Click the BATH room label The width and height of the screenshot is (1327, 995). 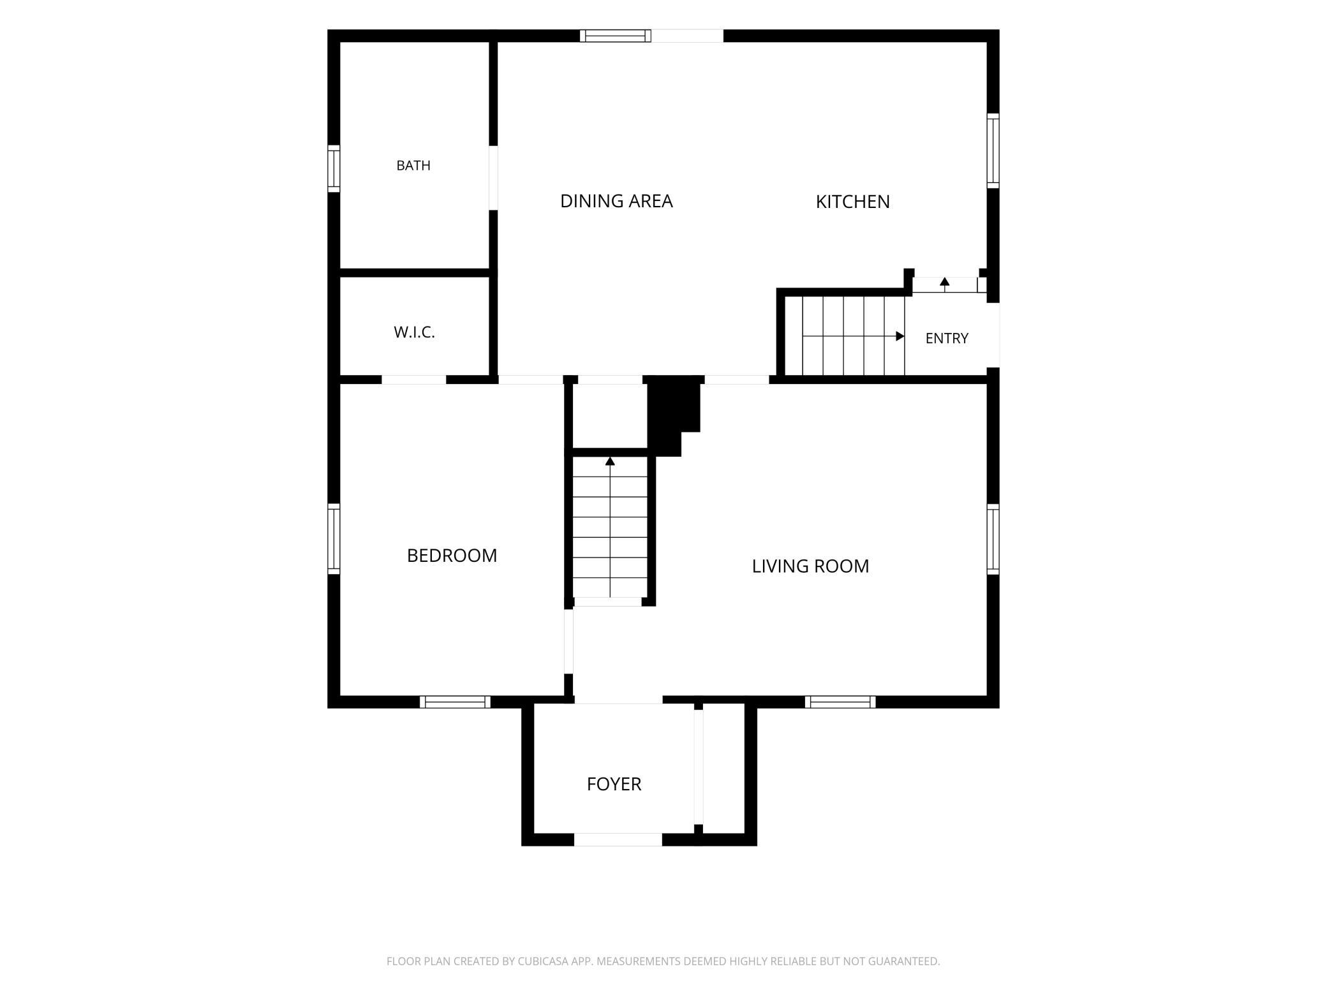[x=413, y=166]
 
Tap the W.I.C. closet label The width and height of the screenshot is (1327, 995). [x=414, y=332]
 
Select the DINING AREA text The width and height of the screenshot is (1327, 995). [x=616, y=201]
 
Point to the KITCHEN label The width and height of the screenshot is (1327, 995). [x=852, y=202]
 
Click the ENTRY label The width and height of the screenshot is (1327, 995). [x=947, y=338]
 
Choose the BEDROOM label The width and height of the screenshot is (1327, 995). [x=452, y=556]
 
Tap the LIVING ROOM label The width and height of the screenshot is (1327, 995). [x=810, y=566]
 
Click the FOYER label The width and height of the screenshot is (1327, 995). [x=614, y=784]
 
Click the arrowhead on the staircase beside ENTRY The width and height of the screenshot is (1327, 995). [x=900, y=336]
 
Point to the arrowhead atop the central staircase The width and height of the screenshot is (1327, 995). [x=610, y=461]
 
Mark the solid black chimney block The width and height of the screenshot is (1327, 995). [x=674, y=415]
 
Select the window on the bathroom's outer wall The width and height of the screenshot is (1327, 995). [x=334, y=168]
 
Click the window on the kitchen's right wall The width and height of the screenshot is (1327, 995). [x=993, y=151]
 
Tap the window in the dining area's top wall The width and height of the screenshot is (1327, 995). [x=616, y=36]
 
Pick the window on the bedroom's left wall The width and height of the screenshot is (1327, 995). [x=334, y=539]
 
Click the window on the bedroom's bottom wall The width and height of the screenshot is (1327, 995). [x=456, y=702]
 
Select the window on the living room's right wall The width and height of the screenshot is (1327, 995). [x=993, y=539]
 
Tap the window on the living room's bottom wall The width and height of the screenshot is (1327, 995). [x=840, y=702]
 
